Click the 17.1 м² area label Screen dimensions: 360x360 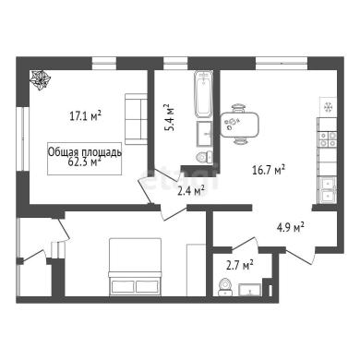pyautogui.click(x=86, y=116)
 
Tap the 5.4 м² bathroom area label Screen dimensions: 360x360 pyautogui.click(x=169, y=118)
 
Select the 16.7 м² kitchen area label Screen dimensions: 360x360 pyautogui.click(x=269, y=170)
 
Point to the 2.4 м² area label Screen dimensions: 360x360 pyautogui.click(x=191, y=191)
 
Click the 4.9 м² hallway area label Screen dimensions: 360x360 pyautogui.click(x=291, y=227)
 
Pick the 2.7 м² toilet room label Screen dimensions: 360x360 pyautogui.click(x=240, y=265)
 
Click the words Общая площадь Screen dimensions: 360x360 pyautogui.click(x=85, y=152)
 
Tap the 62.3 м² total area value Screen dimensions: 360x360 pyautogui.click(x=84, y=162)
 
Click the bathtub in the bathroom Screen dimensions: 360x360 pyautogui.click(x=203, y=94)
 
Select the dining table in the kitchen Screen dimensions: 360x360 pyautogui.click(x=239, y=125)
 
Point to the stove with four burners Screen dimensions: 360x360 pyautogui.click(x=328, y=139)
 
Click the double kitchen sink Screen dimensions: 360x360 pyautogui.click(x=328, y=191)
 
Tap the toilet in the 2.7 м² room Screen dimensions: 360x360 pyautogui.click(x=225, y=287)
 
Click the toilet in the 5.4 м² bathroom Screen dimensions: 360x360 pyautogui.click(x=204, y=157)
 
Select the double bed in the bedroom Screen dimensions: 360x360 pyautogui.click(x=135, y=267)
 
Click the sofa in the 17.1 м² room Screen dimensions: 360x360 pyautogui.click(x=136, y=119)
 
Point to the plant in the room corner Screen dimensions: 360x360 pyautogui.click(x=40, y=80)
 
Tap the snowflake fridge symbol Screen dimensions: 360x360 pyautogui.click(x=329, y=107)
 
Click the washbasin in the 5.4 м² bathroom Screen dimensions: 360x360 pyautogui.click(x=204, y=134)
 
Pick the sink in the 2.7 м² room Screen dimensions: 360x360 pyautogui.click(x=250, y=290)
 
